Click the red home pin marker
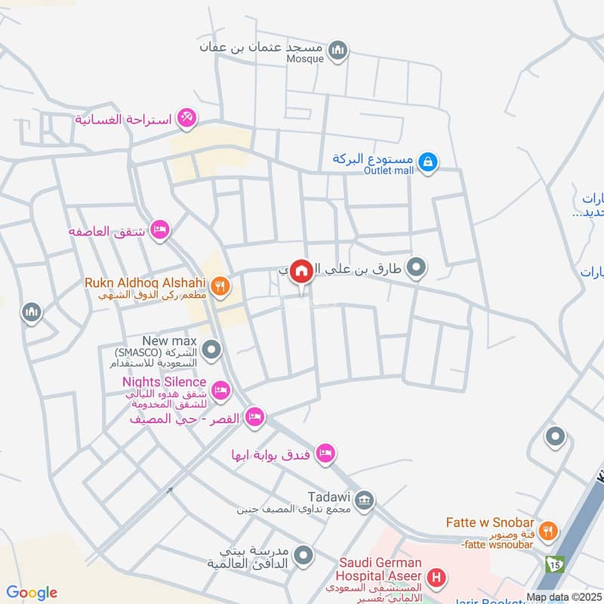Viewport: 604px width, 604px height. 302,270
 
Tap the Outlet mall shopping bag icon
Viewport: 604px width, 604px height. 427,162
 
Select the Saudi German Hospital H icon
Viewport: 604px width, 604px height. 436,579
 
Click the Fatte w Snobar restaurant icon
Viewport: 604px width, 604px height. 549,531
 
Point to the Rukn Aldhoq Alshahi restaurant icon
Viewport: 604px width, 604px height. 220,285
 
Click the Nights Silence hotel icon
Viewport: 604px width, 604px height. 220,390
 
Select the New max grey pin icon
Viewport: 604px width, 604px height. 213,350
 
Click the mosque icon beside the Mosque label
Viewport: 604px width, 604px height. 339,50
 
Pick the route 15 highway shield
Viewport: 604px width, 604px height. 555,564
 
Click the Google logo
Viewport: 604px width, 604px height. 32,593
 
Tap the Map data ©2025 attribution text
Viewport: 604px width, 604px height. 563,597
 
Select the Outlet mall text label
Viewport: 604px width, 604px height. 389,171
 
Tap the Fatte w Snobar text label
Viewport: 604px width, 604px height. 490,523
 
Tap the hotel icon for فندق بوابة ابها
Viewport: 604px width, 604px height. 325,454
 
